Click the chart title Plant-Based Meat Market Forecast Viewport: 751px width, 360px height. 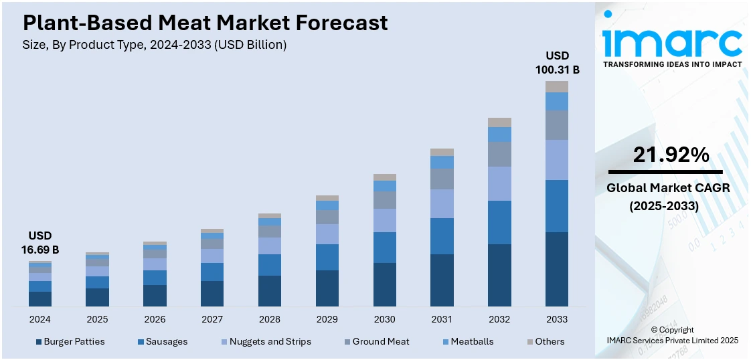pyautogui.click(x=205, y=23)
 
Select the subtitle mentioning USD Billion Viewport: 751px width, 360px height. pyautogui.click(x=155, y=45)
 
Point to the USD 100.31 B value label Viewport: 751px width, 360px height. pyautogui.click(x=557, y=62)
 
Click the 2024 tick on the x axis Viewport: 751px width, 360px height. pyautogui.click(x=39, y=319)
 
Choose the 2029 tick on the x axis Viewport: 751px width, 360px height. pyautogui.click(x=327, y=319)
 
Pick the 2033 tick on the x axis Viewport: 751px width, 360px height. pyautogui.click(x=557, y=319)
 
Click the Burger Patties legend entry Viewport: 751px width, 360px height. pyautogui.click(x=70, y=341)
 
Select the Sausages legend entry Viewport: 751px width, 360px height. pyautogui.click(x=163, y=341)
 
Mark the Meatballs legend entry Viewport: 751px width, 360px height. pyautogui.click(x=467, y=341)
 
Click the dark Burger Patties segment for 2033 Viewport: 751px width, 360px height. pyautogui.click(x=557, y=269)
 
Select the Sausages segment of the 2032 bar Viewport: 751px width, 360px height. pyautogui.click(x=499, y=222)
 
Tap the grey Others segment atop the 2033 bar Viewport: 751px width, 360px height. pyautogui.click(x=557, y=86)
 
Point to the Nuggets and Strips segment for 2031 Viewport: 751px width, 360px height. pyautogui.click(x=442, y=203)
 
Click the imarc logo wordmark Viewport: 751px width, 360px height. pyautogui.click(x=672, y=43)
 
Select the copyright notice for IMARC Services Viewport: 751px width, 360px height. pyautogui.click(x=672, y=335)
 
